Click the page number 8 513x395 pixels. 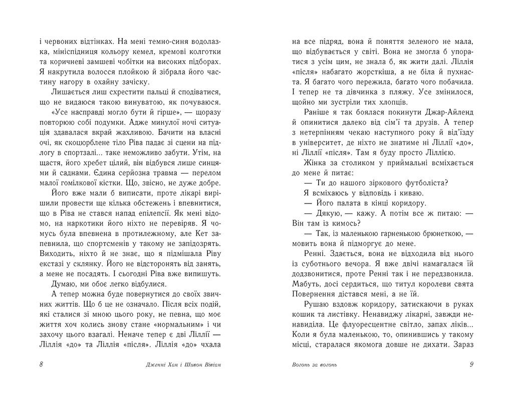point(41,364)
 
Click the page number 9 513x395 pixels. point(471,364)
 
